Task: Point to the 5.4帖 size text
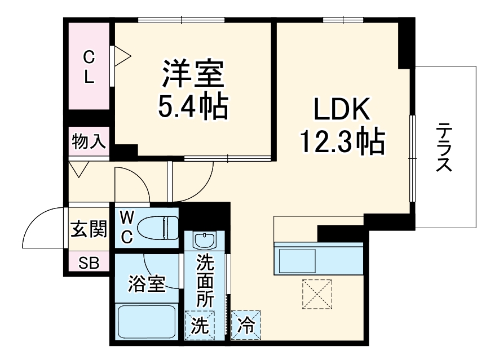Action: (x=194, y=105)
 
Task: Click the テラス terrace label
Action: (x=445, y=148)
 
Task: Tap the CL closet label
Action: (x=89, y=66)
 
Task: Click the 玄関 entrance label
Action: (x=89, y=229)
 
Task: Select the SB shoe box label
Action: (x=88, y=263)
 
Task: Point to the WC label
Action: (x=127, y=227)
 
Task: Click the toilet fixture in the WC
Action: (x=158, y=228)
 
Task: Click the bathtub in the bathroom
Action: (x=148, y=322)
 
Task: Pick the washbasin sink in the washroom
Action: (x=204, y=241)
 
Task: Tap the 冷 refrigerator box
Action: (x=245, y=325)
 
